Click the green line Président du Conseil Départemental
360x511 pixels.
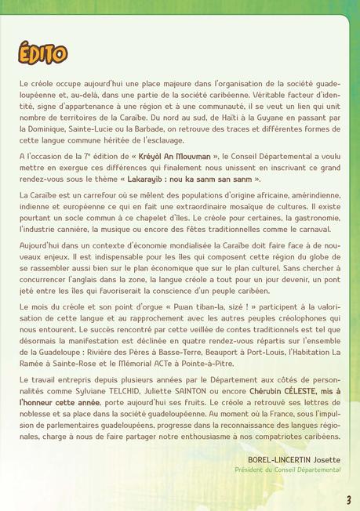pyautogui.click(x=288, y=469)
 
